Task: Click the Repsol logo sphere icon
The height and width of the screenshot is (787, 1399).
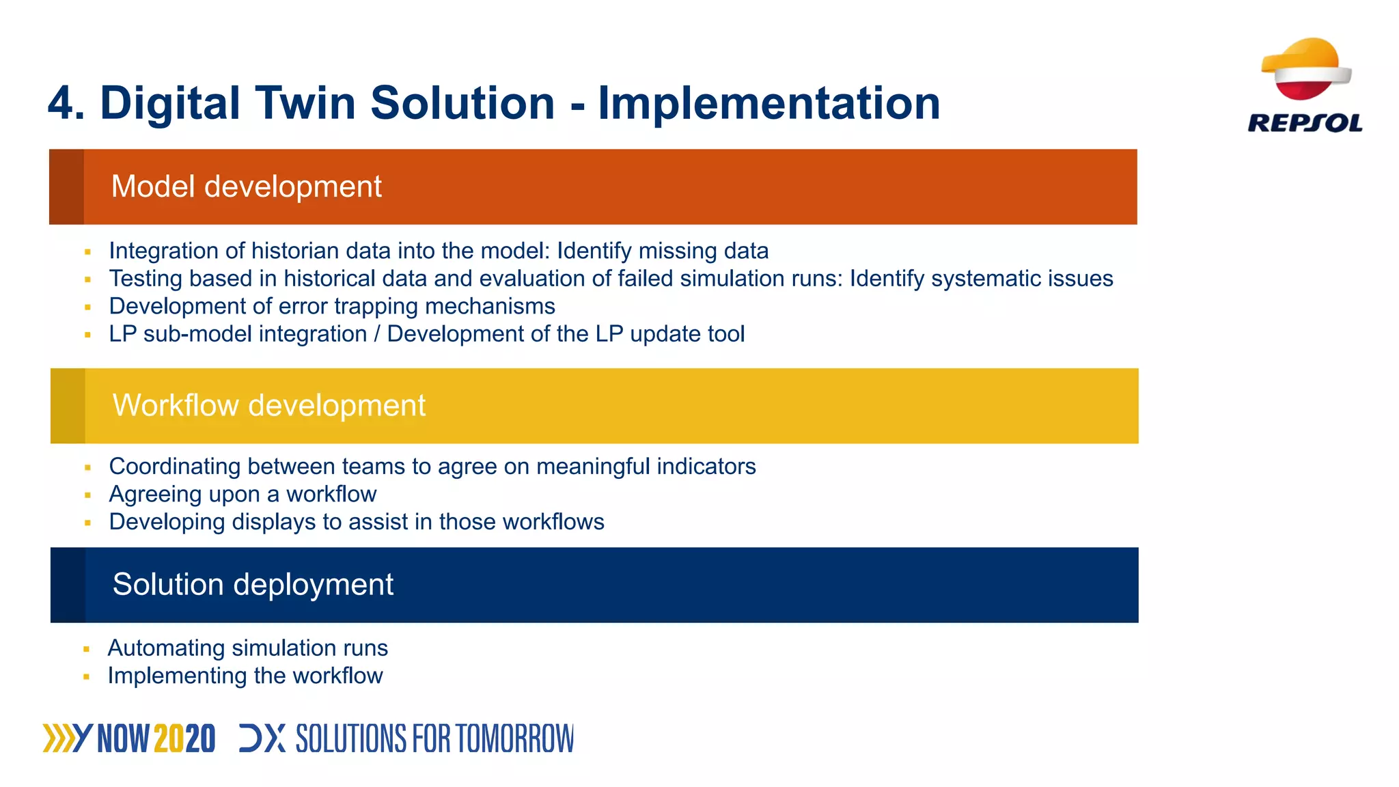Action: point(1305,69)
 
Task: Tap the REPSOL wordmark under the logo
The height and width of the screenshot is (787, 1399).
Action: point(1305,123)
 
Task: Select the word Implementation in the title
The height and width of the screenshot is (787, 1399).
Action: point(768,103)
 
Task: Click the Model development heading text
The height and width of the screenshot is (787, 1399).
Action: point(246,187)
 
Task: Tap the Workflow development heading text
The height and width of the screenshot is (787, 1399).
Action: point(268,405)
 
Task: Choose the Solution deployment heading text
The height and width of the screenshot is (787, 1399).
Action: point(253,585)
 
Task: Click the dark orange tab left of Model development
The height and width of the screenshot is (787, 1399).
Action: point(67,187)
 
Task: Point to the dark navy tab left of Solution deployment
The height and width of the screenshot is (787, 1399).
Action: point(68,585)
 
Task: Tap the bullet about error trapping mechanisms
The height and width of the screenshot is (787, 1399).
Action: point(332,306)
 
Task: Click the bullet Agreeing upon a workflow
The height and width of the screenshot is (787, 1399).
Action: point(243,494)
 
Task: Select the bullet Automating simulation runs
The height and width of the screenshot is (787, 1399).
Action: point(247,648)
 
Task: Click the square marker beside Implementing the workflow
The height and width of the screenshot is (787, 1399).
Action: point(87,677)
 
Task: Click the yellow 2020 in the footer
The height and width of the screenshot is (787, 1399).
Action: point(184,739)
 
